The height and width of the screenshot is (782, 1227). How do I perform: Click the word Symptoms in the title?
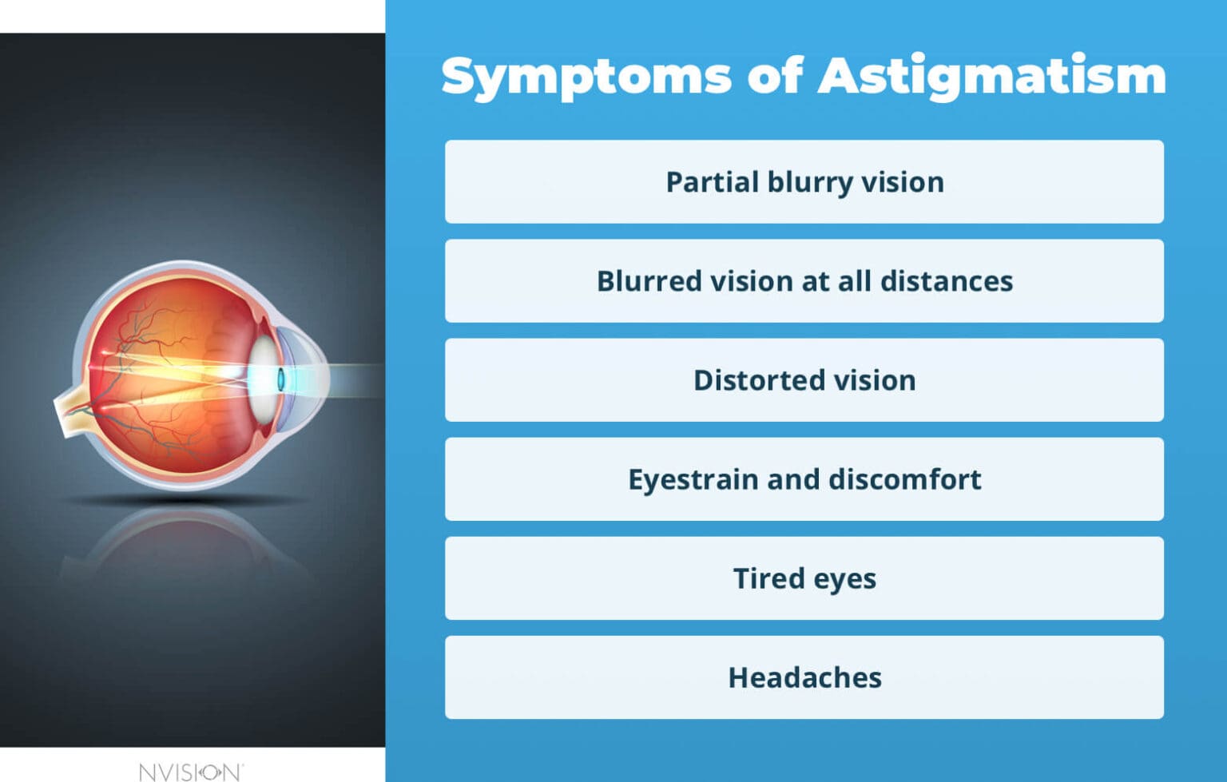click(586, 77)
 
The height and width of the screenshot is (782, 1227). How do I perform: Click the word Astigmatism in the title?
click(991, 77)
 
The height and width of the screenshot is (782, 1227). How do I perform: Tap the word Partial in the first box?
click(712, 182)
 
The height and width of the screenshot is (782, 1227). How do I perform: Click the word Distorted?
click(759, 380)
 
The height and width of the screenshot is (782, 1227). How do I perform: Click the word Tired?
click(768, 578)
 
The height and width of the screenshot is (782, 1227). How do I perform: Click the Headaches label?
click(804, 677)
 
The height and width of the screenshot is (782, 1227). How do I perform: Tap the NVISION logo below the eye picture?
click(190, 772)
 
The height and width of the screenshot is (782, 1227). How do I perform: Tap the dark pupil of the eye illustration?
click(281, 379)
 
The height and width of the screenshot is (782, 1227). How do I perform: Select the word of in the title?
click(774, 76)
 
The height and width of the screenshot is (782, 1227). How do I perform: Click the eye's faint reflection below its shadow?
click(188, 543)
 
